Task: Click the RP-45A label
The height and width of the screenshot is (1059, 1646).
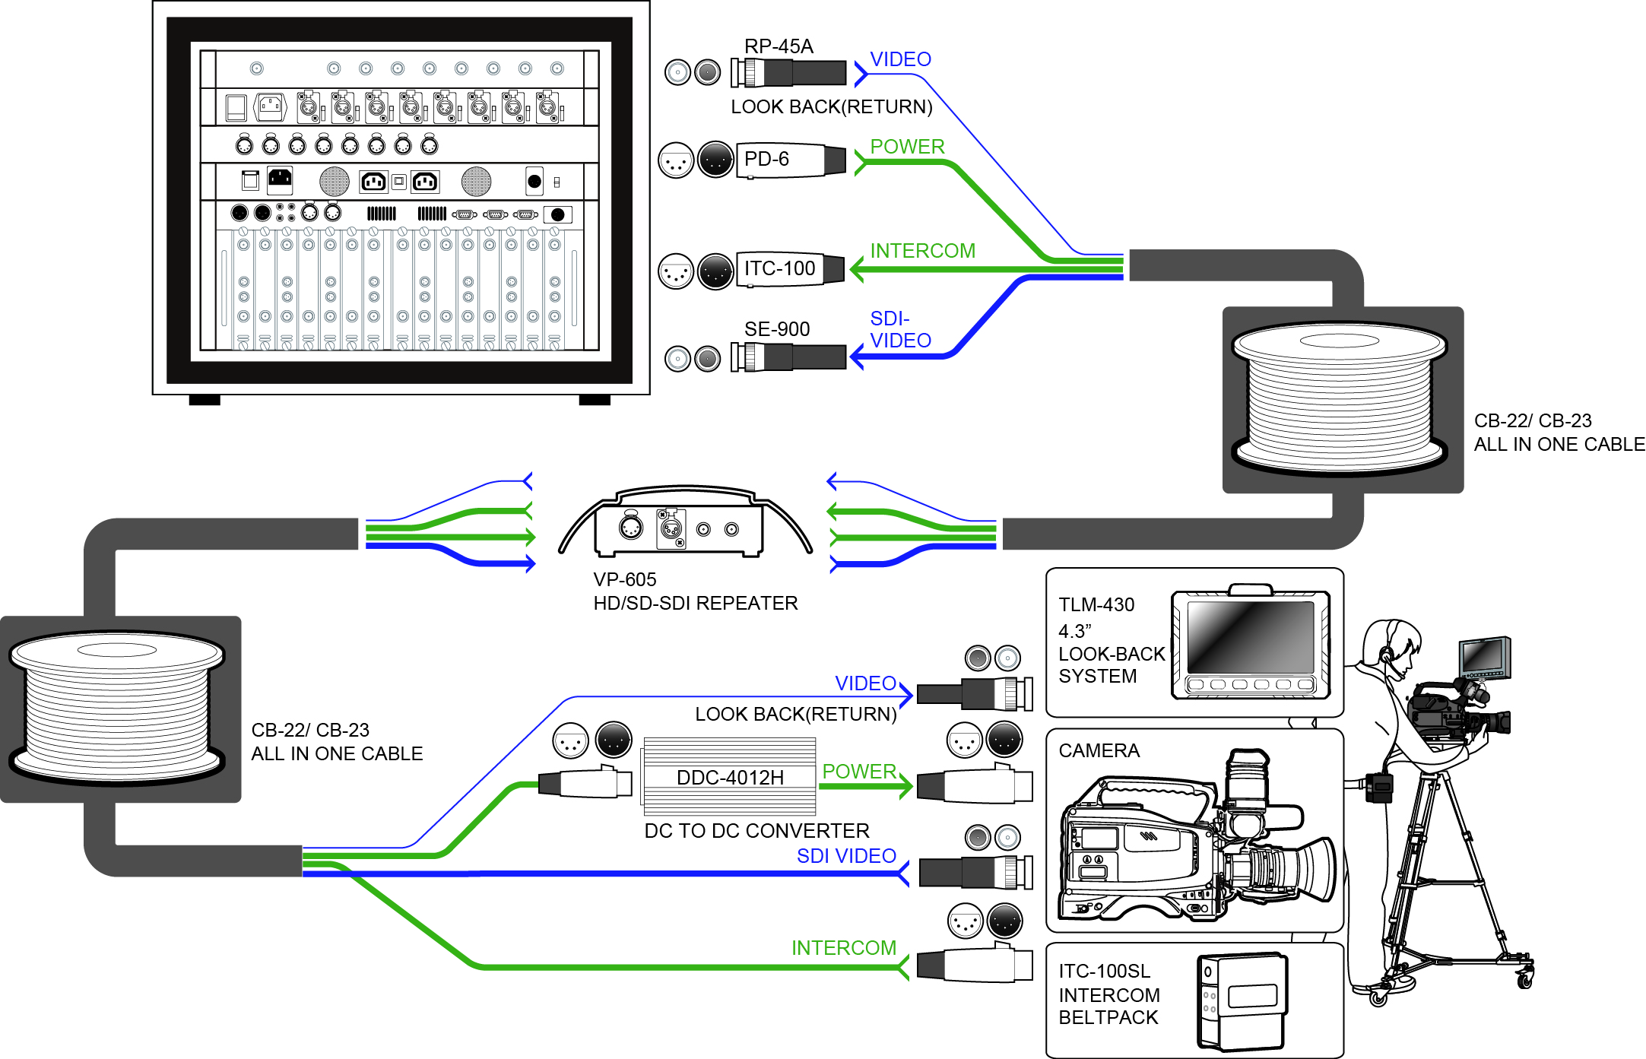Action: tap(779, 46)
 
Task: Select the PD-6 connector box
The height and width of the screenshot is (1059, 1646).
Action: tap(791, 160)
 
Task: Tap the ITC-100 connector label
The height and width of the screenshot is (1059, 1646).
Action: tap(779, 268)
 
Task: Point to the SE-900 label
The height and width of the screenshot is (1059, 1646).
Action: tap(777, 329)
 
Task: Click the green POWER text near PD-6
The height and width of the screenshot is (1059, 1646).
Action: tap(907, 147)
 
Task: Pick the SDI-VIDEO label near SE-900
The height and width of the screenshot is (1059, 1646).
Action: tap(900, 329)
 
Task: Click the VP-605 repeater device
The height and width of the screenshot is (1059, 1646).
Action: tap(685, 523)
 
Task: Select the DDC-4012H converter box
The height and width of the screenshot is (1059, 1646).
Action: tap(730, 776)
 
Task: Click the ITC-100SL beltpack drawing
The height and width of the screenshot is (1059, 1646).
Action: tap(1242, 1001)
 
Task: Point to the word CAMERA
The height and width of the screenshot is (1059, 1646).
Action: tap(1099, 751)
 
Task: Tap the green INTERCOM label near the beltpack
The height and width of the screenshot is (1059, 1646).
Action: tap(844, 948)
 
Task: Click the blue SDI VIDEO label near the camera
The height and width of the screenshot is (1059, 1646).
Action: tap(846, 856)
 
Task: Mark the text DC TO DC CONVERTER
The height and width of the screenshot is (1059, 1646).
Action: tap(756, 831)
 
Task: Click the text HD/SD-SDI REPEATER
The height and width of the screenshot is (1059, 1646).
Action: tap(696, 604)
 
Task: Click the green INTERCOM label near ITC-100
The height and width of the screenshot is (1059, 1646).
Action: tap(922, 251)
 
